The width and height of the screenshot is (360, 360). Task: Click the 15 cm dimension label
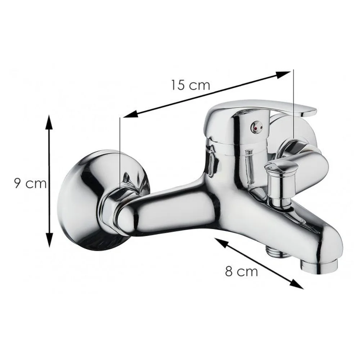(190, 85)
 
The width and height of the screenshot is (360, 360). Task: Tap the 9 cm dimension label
(30, 184)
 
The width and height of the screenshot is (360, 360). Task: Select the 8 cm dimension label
(241, 271)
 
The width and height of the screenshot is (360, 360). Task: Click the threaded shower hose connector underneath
(273, 252)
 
